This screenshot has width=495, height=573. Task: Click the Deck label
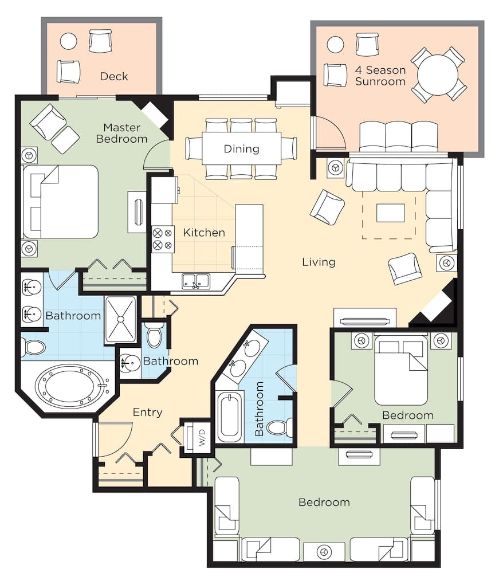[x=114, y=76]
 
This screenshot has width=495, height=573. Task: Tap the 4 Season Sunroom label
[x=380, y=76]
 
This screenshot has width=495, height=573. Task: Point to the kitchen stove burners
[x=162, y=239]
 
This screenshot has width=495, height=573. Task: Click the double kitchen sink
[x=196, y=281]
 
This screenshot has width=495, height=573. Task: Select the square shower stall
[x=120, y=320]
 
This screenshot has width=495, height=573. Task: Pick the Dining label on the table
[x=241, y=149]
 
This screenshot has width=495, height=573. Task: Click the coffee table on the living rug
[x=390, y=213]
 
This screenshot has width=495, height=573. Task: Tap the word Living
[x=319, y=262]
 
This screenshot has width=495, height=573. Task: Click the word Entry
[x=147, y=412]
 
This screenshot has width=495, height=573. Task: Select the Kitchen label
[x=204, y=233]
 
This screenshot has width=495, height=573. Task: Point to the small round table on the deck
[x=68, y=41]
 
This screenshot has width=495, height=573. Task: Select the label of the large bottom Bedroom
[x=324, y=503]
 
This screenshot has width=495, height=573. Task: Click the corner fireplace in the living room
[x=437, y=306]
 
